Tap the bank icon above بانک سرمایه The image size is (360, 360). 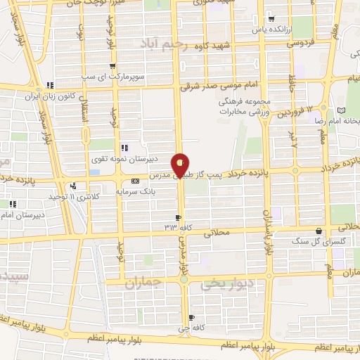coord(126,181)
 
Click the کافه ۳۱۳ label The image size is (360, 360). coord(179,226)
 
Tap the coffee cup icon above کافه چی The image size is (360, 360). coord(191,318)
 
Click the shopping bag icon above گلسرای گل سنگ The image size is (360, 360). coord(320,231)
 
